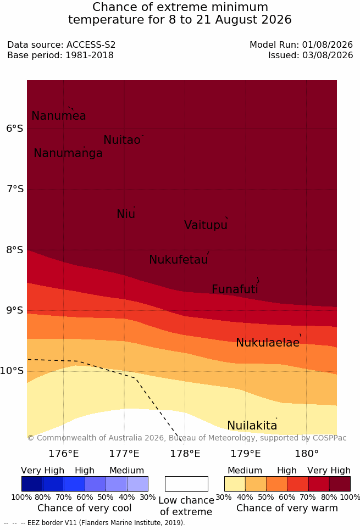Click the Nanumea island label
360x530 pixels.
tap(58, 115)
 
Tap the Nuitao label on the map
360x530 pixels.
tap(122, 140)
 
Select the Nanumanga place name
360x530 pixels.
tap(68, 153)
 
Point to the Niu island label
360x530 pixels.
tap(126, 214)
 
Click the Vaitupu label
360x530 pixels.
tap(206, 225)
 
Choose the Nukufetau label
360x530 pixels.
tap(178, 259)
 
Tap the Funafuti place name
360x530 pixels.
tap(235, 289)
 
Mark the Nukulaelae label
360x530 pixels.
tap(268, 342)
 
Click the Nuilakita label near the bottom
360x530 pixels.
tap(252, 425)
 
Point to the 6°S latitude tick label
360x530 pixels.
tap(15, 129)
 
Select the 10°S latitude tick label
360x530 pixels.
tap(12, 371)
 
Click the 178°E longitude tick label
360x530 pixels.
tap(185, 453)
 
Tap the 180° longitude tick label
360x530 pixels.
tap(307, 453)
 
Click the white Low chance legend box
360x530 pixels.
tap(186, 484)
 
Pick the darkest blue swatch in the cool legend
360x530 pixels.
tap(32, 484)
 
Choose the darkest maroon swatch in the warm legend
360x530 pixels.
tap(340, 484)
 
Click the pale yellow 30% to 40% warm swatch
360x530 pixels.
tap(235, 484)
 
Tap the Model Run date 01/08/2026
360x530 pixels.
tap(328, 44)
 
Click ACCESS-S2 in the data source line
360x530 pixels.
tap(91, 44)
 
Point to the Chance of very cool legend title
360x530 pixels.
tap(85, 508)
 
